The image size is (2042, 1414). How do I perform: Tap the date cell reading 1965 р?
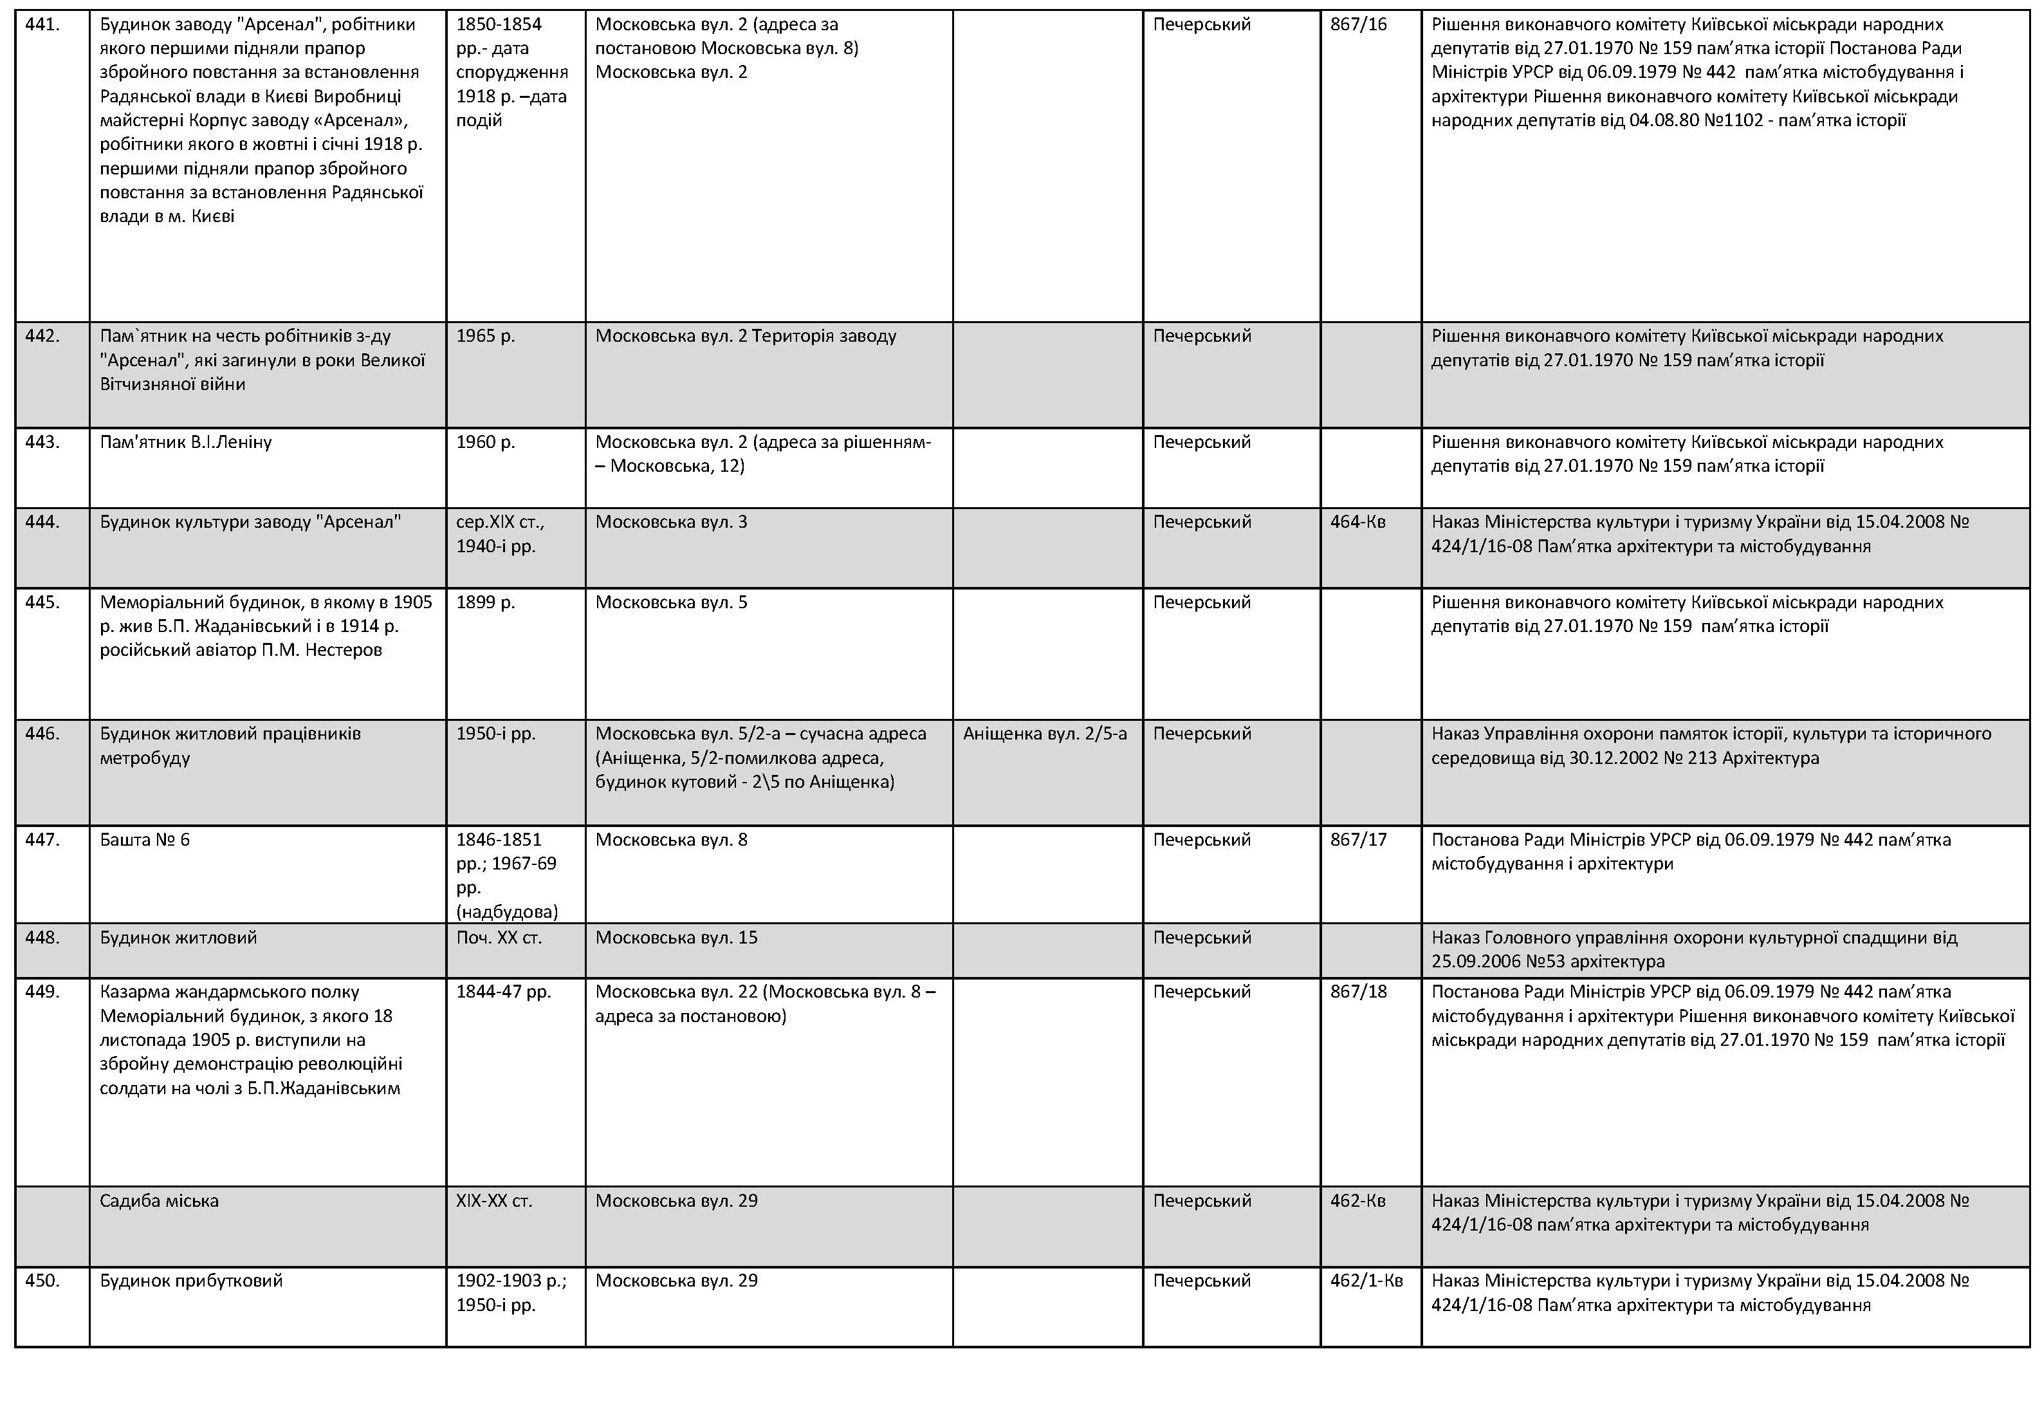click(485, 337)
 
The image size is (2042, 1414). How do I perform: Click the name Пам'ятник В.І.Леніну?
click(185, 442)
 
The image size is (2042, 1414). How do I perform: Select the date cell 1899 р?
click(485, 602)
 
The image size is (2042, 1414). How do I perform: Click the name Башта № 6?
click(144, 840)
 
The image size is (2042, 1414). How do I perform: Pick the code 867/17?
click(1357, 840)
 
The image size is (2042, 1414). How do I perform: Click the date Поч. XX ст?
click(499, 937)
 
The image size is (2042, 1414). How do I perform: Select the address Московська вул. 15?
click(676, 937)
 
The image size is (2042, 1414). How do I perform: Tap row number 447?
click(42, 840)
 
